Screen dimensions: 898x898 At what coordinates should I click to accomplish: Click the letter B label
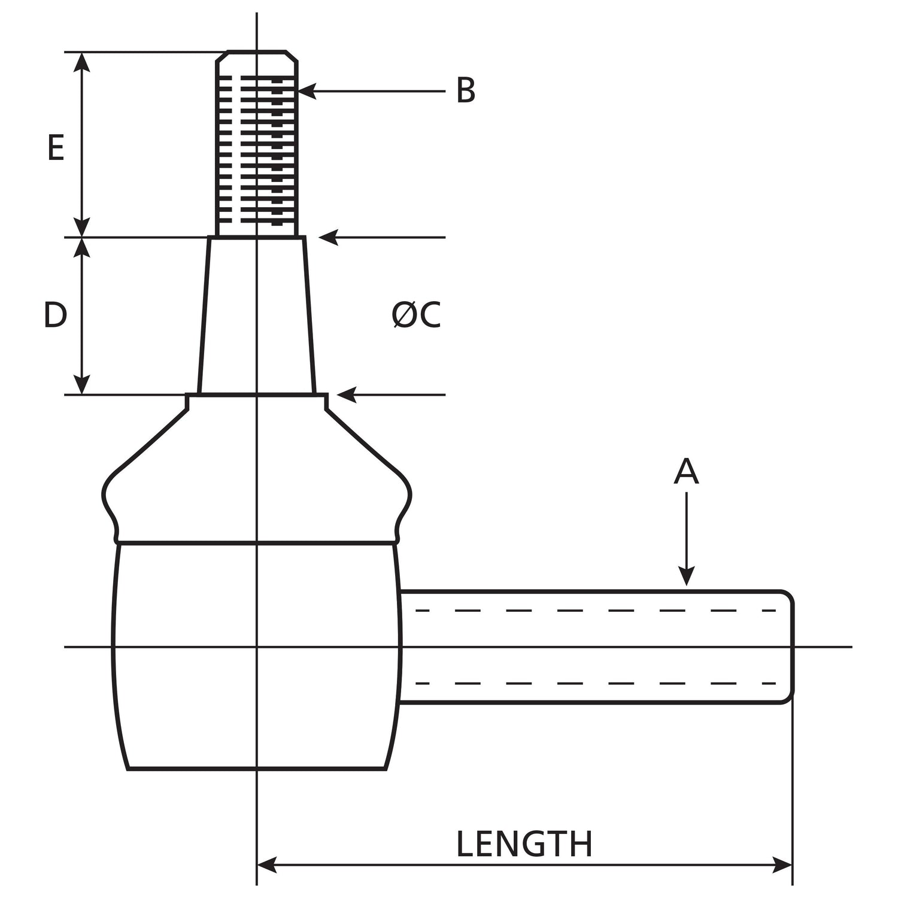point(465,91)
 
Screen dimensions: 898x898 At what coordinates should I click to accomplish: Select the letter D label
point(55,315)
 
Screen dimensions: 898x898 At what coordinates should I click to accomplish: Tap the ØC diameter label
point(416,315)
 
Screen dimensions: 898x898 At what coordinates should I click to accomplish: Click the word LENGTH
point(524,844)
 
